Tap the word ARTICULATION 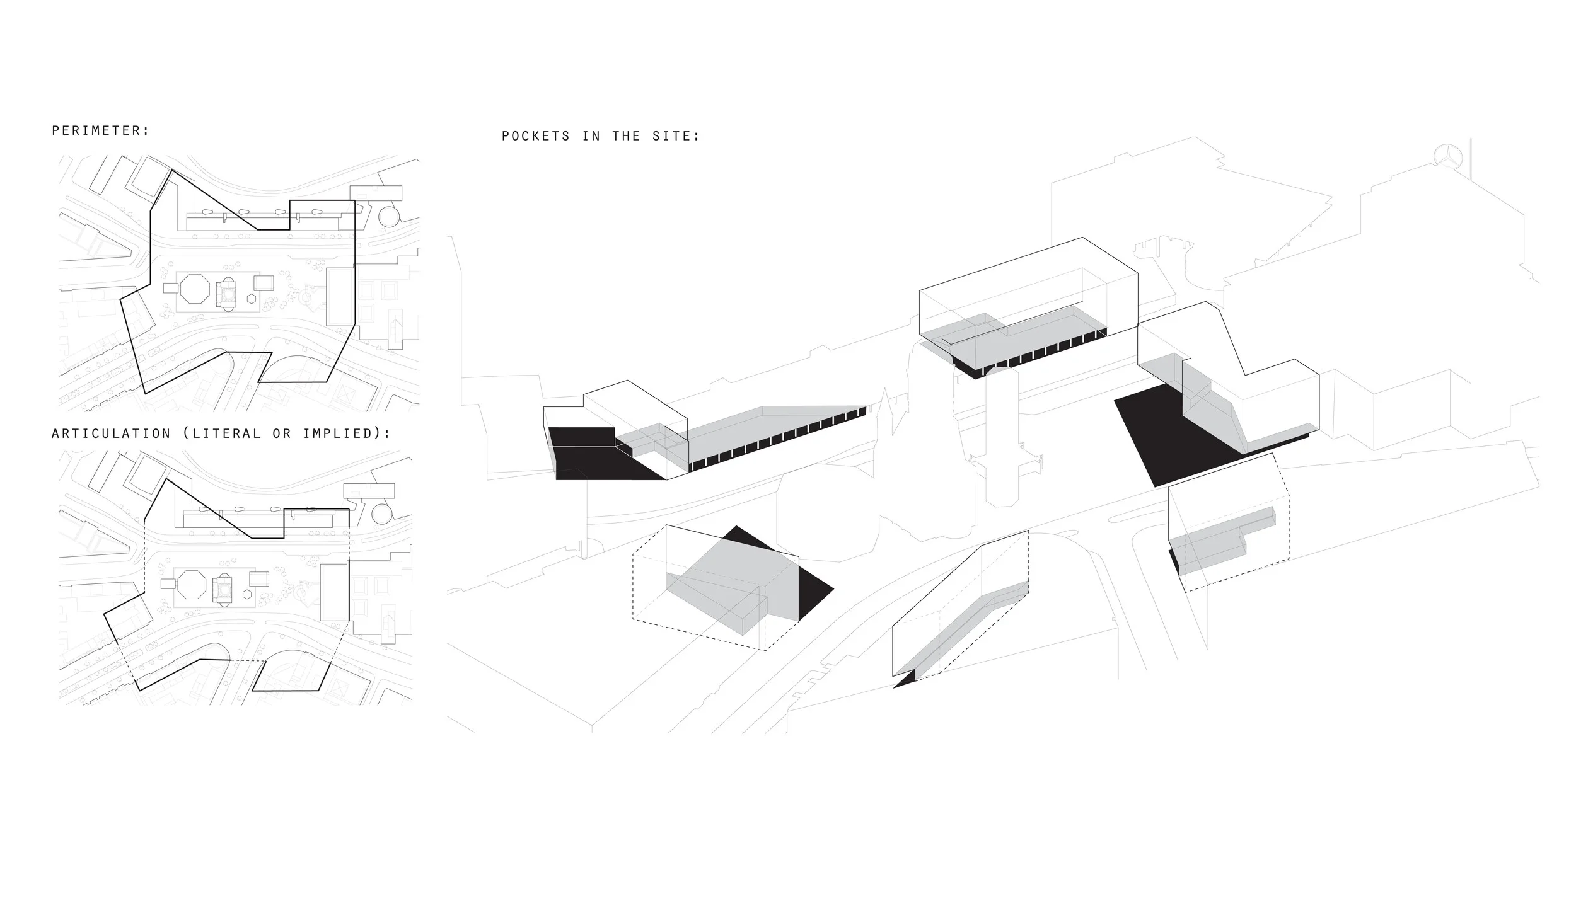point(111,433)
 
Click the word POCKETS point(535,136)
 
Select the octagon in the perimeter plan point(192,289)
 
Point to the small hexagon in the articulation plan point(247,594)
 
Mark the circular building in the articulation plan point(382,514)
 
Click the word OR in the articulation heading point(281,433)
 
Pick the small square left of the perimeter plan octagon point(170,287)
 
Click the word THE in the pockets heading point(626,136)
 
